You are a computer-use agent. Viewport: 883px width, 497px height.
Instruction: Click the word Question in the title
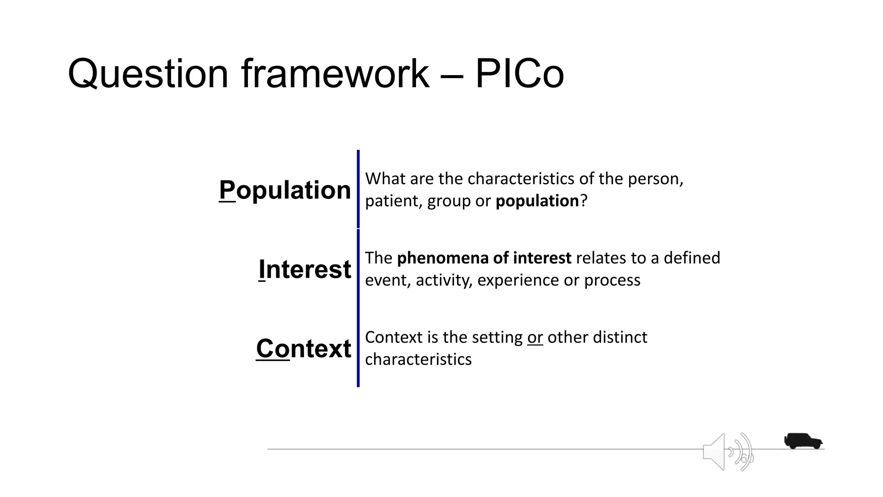click(x=147, y=74)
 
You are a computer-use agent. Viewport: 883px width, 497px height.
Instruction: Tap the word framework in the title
click(x=335, y=74)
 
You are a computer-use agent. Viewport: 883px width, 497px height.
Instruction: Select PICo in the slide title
click(x=519, y=74)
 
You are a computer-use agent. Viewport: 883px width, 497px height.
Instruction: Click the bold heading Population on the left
click(x=285, y=190)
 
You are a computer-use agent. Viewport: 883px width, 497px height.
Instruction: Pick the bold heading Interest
click(x=305, y=269)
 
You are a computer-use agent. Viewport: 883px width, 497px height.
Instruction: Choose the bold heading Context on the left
click(x=304, y=348)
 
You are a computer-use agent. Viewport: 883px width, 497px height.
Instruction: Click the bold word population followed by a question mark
click(x=537, y=201)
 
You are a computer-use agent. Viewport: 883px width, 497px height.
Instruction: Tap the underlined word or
click(x=535, y=337)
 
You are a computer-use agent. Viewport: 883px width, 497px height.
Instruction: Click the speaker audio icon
click(x=727, y=452)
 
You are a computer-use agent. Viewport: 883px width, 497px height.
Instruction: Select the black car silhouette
click(x=803, y=441)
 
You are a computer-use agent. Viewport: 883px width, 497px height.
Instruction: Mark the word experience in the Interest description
click(x=518, y=280)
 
